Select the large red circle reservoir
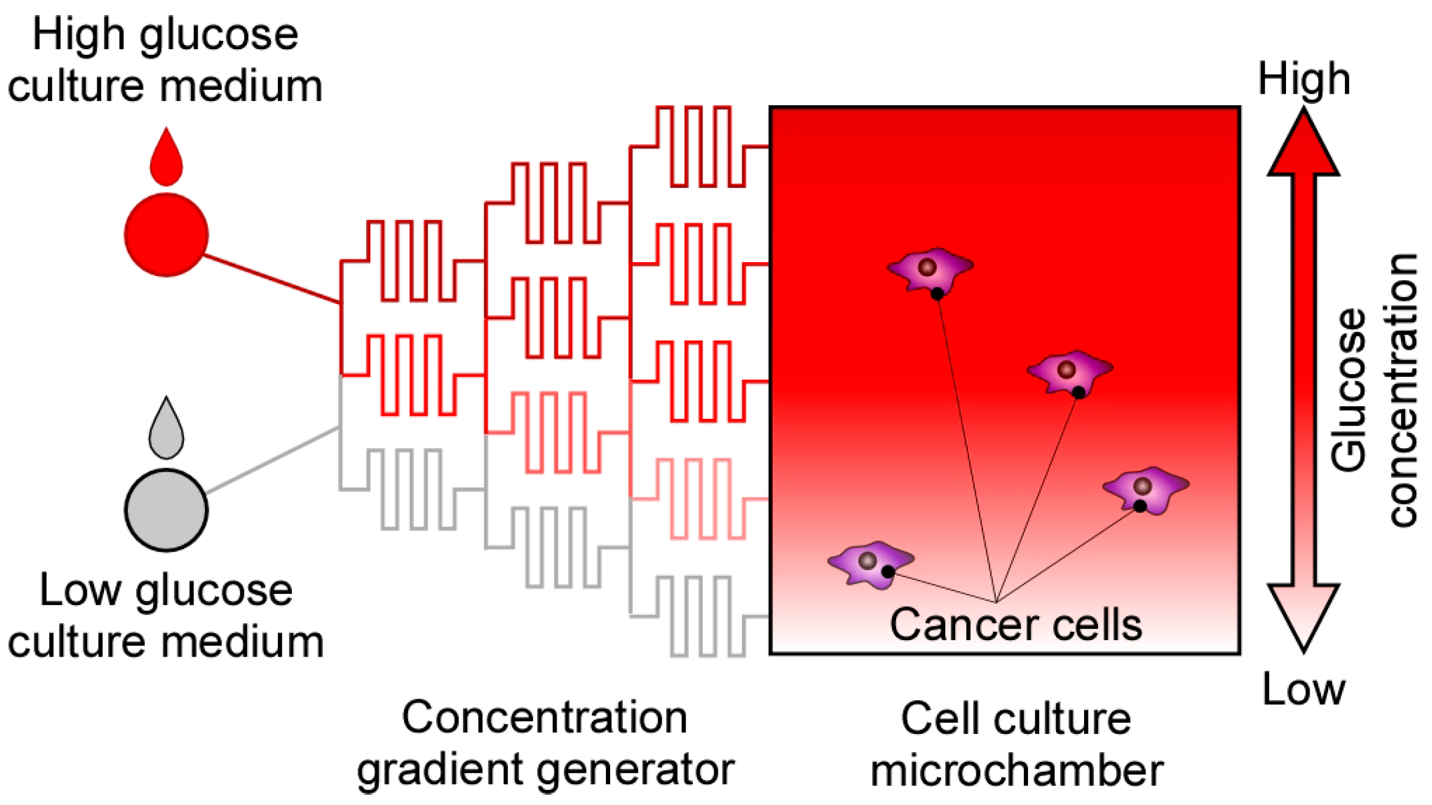166,235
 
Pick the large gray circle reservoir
166,510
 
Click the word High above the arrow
1304,79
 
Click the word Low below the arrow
1303,689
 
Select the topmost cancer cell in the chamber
930,270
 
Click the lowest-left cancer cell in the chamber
870,564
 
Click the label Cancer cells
1015,625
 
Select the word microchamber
1017,771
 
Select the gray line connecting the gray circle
272,460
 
